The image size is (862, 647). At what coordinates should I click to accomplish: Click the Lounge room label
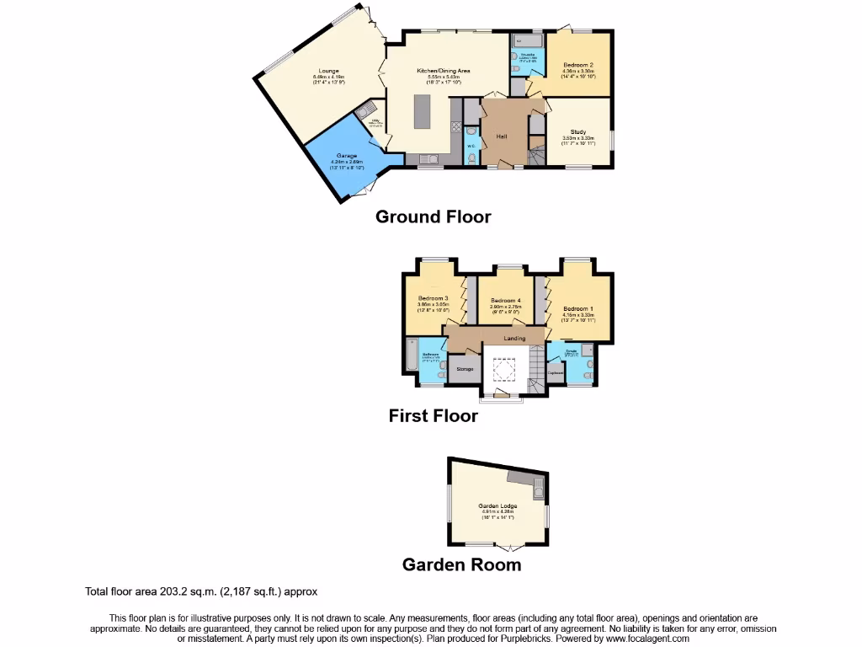328,71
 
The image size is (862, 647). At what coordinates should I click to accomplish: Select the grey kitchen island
421,110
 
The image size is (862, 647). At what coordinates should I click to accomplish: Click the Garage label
347,156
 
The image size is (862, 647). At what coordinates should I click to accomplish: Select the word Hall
500,136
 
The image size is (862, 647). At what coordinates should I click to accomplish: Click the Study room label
578,132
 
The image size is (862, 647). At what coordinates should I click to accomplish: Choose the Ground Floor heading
433,217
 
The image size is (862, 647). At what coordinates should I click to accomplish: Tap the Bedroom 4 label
506,301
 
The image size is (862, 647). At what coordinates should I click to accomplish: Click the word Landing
514,338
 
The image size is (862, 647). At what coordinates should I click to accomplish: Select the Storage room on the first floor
464,369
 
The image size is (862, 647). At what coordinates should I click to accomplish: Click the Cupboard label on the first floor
555,372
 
